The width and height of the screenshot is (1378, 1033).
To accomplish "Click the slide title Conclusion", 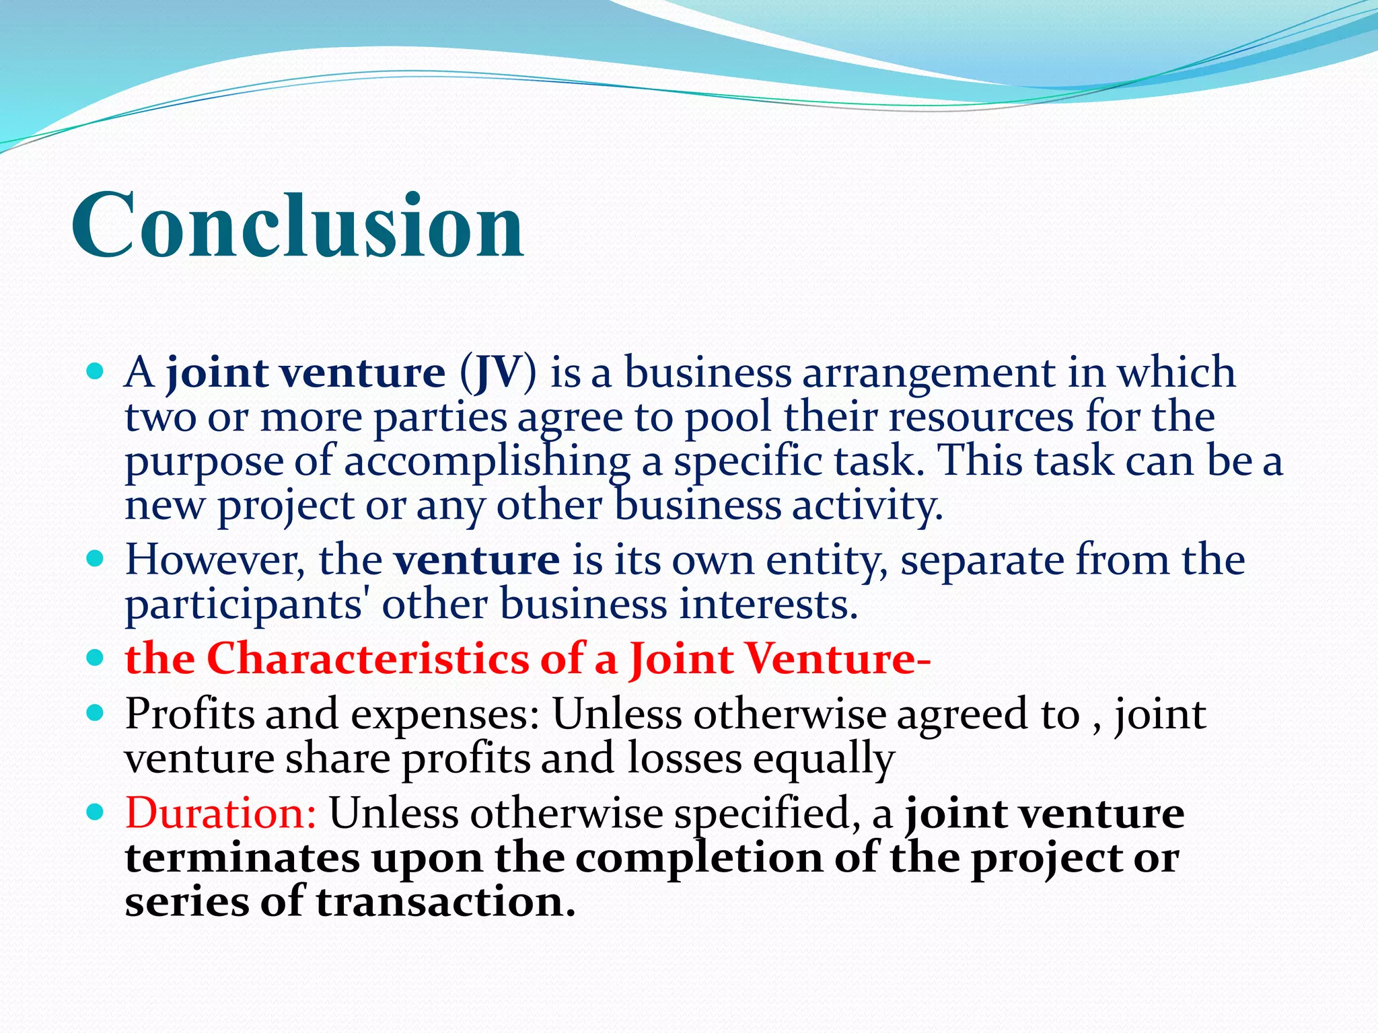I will pos(297,225).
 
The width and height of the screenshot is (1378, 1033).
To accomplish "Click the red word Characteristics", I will pos(367,658).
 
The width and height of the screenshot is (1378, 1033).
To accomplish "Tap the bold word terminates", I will pos(242,858).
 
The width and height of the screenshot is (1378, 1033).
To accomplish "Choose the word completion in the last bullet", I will pos(698,859).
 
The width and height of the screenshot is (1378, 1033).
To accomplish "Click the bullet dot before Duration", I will pos(96,812).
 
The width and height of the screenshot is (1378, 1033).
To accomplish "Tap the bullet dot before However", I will pos(96,559).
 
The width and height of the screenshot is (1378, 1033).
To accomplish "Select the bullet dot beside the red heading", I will pos(96,657).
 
